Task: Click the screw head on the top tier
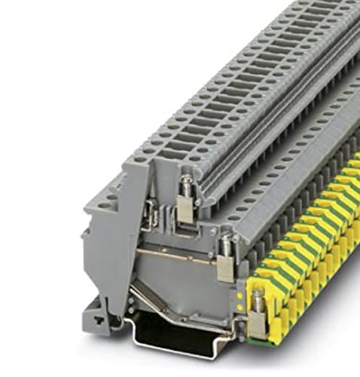[x=182, y=181]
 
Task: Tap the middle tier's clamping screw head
[x=225, y=243]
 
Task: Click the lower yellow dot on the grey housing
[x=239, y=308]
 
